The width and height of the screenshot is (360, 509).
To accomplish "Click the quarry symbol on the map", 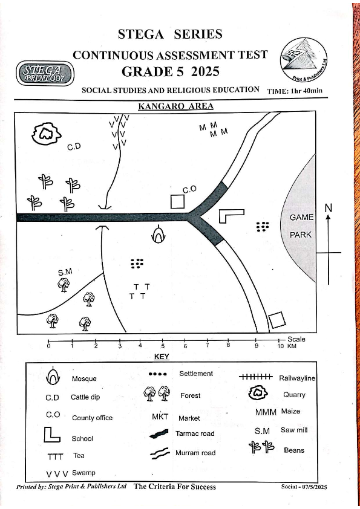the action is pyautogui.click(x=46, y=134).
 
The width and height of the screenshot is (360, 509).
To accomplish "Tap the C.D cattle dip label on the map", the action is pyautogui.click(x=74, y=147).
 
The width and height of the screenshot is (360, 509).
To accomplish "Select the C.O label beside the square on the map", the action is pyautogui.click(x=189, y=189).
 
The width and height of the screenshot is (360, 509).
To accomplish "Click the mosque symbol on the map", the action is pyautogui.click(x=159, y=234).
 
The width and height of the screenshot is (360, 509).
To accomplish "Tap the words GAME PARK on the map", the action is pyautogui.click(x=301, y=225).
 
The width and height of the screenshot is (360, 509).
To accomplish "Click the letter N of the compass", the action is pyautogui.click(x=329, y=208).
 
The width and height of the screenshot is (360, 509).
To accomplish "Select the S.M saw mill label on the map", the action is pyautogui.click(x=65, y=272).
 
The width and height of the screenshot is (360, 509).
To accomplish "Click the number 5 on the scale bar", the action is pyautogui.click(x=163, y=346).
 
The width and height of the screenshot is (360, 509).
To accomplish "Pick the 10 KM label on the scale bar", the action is pyautogui.click(x=287, y=346).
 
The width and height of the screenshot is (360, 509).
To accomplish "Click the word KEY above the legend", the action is pyautogui.click(x=162, y=357).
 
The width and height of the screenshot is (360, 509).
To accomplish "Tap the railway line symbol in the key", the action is pyautogui.click(x=256, y=377).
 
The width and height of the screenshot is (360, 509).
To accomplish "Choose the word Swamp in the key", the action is pyautogui.click(x=83, y=473).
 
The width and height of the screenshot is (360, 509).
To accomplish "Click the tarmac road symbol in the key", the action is pyautogui.click(x=159, y=433).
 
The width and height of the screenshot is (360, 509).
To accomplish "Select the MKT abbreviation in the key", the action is pyautogui.click(x=160, y=417).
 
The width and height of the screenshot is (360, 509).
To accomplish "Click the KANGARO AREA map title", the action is pyautogui.click(x=175, y=106).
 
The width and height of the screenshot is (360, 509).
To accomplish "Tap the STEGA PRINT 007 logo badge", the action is pyautogui.click(x=45, y=73).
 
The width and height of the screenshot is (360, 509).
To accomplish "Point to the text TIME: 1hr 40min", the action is pyautogui.click(x=295, y=91).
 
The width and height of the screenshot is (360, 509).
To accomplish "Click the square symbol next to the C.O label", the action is pyautogui.click(x=177, y=201).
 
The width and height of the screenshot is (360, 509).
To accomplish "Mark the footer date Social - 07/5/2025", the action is pyautogui.click(x=304, y=487).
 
